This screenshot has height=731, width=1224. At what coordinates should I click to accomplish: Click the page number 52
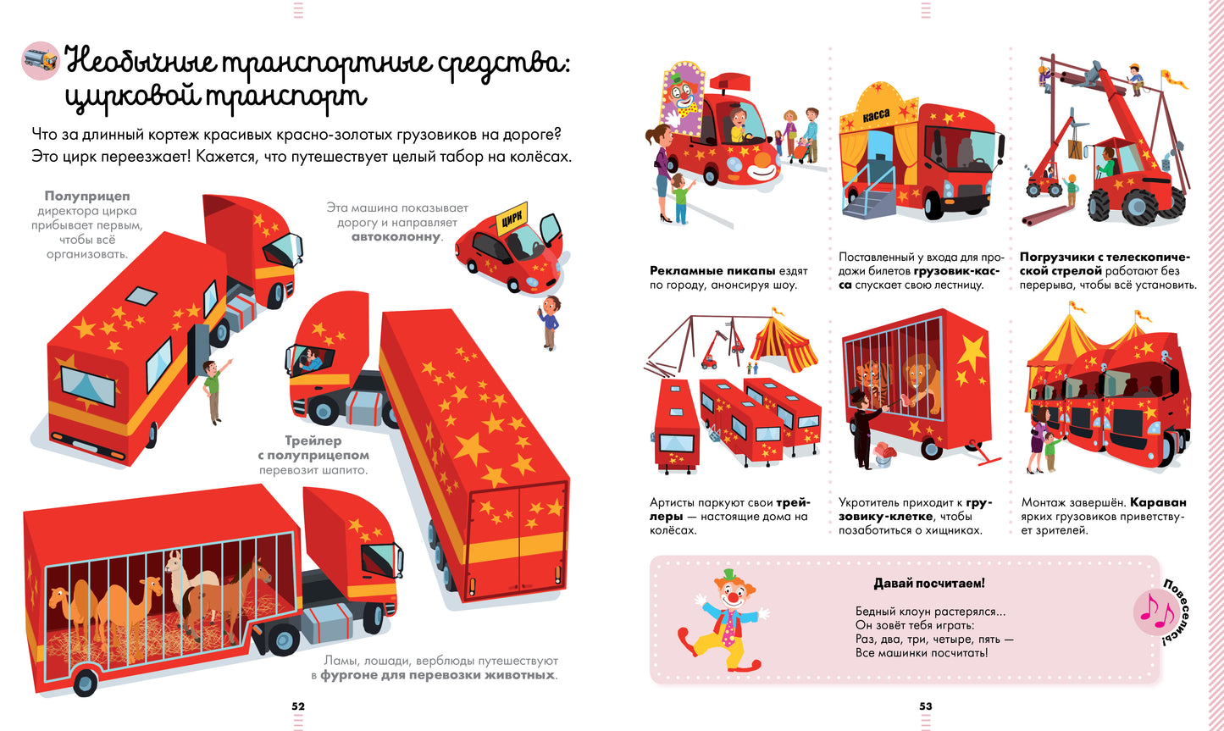(x=298, y=706)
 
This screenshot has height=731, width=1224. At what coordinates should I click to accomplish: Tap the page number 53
(x=926, y=706)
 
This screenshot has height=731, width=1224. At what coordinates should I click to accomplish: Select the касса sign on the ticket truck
(x=876, y=115)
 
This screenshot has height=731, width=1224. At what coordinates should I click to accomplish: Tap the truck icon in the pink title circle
(x=40, y=60)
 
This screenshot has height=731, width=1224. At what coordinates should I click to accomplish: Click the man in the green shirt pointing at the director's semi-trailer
(x=213, y=389)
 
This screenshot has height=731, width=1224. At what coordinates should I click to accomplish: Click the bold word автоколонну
(x=396, y=237)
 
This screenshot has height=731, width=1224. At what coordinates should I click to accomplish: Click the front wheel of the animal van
(x=86, y=681)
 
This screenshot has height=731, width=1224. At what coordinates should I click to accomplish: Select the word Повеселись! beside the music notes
(x=1181, y=611)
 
